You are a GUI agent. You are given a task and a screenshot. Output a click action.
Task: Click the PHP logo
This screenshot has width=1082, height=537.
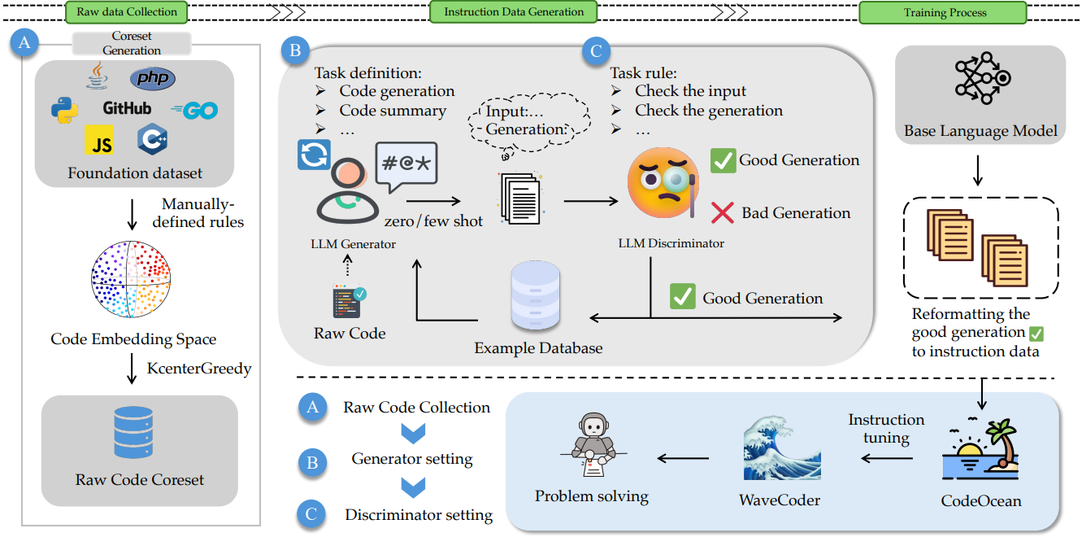click(153, 78)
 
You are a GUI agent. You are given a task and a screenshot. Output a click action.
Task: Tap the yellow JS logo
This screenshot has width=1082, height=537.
click(99, 140)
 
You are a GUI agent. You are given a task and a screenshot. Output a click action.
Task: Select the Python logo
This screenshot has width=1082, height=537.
click(65, 110)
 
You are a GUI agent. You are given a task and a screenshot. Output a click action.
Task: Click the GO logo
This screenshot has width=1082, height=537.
click(194, 111)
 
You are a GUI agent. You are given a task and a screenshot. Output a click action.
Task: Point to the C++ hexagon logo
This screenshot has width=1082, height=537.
click(152, 139)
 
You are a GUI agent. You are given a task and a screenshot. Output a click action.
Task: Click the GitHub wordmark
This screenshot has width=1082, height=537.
click(127, 108)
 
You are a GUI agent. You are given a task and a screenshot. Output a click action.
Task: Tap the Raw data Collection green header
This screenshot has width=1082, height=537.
click(127, 12)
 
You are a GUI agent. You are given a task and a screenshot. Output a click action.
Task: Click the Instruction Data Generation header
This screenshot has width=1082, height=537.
click(514, 12)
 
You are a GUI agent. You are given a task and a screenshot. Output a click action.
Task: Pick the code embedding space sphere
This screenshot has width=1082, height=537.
click(130, 279)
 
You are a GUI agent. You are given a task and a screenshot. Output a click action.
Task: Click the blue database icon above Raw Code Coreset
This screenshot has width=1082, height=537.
click(133, 433)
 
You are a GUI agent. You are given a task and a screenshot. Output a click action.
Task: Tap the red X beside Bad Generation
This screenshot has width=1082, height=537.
click(722, 212)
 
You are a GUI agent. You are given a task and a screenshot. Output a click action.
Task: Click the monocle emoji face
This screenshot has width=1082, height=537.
click(663, 183)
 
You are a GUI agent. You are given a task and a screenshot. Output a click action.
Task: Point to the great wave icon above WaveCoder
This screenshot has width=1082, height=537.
click(781, 447)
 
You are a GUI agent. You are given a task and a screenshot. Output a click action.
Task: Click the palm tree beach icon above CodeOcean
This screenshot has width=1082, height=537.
click(980, 449)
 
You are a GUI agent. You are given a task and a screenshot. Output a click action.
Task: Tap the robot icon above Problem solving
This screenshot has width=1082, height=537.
click(593, 445)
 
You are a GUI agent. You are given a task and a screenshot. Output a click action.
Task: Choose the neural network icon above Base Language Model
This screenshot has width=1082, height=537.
click(983, 78)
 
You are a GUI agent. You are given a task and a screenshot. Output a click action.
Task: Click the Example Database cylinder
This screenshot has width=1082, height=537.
click(536, 295)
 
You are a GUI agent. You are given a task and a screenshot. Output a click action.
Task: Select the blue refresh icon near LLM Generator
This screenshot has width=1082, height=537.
click(314, 155)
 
